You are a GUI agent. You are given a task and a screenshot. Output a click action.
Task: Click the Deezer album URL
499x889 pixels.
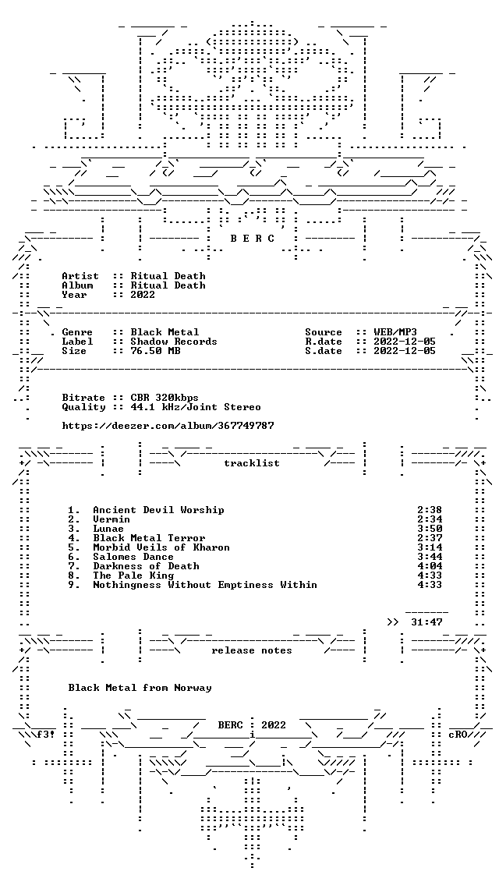168,426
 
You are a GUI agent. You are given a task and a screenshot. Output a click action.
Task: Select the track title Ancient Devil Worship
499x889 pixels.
158,510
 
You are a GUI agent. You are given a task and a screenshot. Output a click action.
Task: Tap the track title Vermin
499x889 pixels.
111,519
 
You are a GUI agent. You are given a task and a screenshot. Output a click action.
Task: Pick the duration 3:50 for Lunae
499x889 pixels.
430,529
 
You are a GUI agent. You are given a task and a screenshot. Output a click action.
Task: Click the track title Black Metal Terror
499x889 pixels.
149,538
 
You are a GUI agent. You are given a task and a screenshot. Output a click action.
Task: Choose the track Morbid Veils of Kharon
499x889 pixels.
161,547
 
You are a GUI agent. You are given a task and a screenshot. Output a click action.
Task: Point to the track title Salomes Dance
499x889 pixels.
133,557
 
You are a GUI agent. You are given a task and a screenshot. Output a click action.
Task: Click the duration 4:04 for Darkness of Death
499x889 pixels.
430,566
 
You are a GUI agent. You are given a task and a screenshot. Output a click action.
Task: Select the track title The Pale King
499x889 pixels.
133,576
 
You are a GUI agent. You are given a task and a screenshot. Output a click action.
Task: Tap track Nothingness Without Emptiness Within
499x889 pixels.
205,585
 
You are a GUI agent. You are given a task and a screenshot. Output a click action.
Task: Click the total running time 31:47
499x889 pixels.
427,622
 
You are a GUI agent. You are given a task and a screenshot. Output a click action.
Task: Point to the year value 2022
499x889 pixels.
143,295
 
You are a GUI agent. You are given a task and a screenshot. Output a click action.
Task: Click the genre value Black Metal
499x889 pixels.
165,332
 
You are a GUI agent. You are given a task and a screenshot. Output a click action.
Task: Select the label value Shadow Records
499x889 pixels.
174,342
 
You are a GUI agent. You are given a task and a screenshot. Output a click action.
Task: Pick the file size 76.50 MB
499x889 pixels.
155,351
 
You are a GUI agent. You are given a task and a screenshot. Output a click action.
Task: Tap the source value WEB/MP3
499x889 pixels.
396,332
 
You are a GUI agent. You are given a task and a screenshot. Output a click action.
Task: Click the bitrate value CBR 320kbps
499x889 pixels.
165,398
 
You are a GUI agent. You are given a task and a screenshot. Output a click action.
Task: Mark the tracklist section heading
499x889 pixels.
252,463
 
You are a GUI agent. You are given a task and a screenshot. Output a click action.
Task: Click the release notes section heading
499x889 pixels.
252,651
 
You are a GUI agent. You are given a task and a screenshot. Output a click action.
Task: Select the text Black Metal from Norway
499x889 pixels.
140,689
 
